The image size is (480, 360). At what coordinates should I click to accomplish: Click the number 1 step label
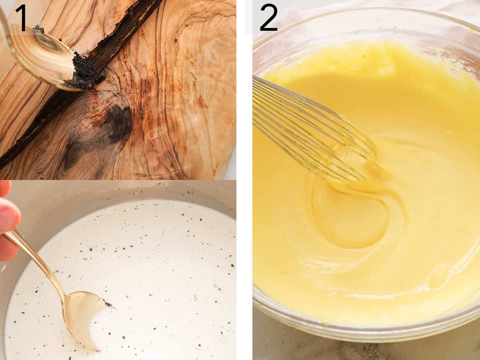[20, 18]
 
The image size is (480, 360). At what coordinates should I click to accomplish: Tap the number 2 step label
[268, 18]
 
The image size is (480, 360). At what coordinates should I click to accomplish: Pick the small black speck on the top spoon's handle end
[39, 28]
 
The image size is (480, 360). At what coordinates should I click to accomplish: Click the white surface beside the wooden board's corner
[231, 168]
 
